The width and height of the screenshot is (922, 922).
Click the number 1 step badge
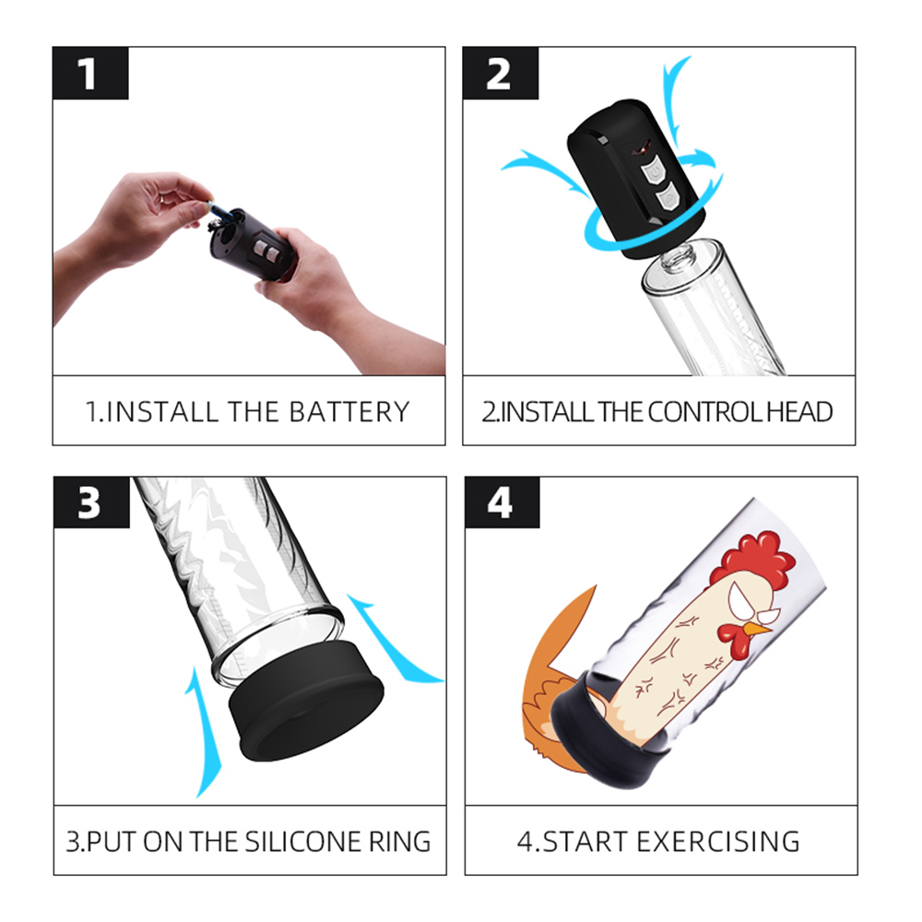tap(90, 73)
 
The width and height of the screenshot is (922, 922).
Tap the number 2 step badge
tap(501, 73)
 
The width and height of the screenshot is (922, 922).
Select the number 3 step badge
tap(91, 502)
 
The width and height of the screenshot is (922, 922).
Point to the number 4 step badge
tap(502, 502)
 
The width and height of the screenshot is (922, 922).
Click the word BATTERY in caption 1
tap(349, 411)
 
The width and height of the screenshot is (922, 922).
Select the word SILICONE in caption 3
tap(304, 842)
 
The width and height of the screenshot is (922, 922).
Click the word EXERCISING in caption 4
tap(718, 842)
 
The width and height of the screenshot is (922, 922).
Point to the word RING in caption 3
tap(400, 842)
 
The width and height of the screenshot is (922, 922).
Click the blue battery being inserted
tap(217, 208)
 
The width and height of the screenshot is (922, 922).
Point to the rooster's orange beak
tap(757, 630)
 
